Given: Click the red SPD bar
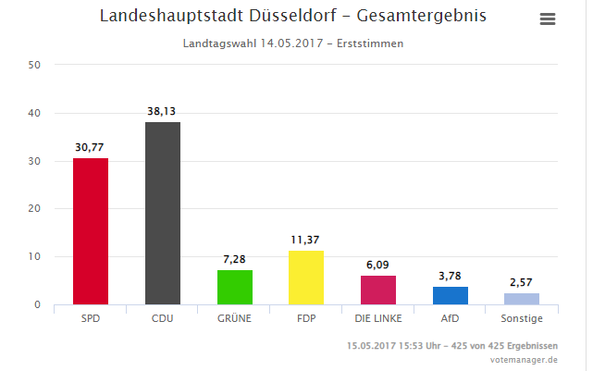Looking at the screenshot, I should pos(91,231).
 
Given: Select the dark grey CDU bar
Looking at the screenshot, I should pos(163,213).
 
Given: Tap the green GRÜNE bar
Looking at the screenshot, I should pos(235,287).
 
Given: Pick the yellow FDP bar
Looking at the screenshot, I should pos(306,278).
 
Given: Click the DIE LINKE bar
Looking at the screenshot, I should pos(378,290).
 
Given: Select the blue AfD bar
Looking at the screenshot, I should pos(451,295).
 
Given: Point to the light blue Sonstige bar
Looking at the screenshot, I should pos(522,298).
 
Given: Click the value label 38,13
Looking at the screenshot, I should pos(163,110).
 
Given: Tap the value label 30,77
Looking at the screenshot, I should pos(91,146).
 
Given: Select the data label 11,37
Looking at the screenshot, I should pos(306,239).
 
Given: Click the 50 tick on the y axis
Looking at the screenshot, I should pos(34,65).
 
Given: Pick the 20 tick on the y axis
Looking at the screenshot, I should pos(34,209).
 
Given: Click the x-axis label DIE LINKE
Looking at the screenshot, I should pos(378,318).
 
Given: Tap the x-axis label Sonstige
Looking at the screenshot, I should pos(522,318).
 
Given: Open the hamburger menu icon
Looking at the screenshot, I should pos(548,19).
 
